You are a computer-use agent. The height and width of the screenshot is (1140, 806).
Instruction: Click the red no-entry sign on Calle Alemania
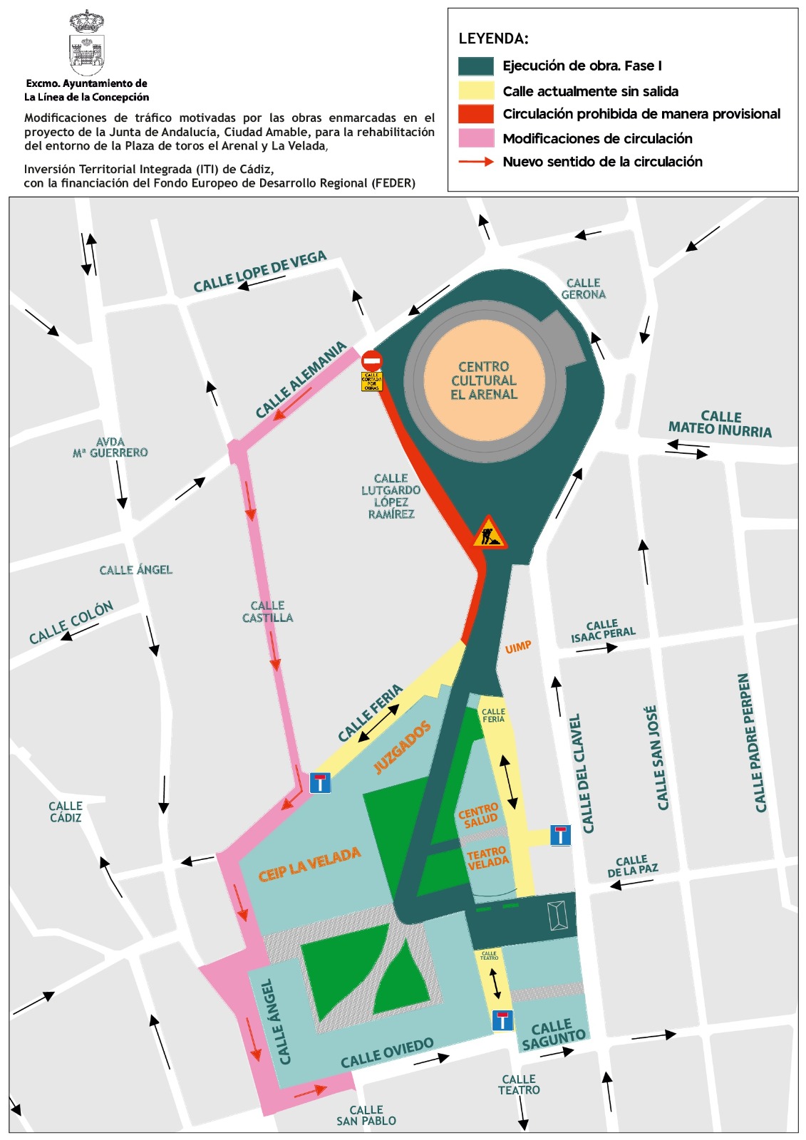pyautogui.click(x=371, y=361)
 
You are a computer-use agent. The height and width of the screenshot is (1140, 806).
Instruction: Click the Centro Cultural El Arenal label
pyautogui.click(x=484, y=380)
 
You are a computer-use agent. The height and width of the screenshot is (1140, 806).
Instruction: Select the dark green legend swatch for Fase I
pyautogui.click(x=476, y=66)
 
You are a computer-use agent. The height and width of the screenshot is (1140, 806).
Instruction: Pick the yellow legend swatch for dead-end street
pyautogui.click(x=476, y=90)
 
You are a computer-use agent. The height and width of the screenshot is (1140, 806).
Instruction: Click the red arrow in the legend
pyautogui.click(x=476, y=162)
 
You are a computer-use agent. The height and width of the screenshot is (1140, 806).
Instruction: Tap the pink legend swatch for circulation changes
pyautogui.click(x=476, y=138)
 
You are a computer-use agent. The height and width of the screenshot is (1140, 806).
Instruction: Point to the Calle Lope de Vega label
pyautogui.click(x=260, y=271)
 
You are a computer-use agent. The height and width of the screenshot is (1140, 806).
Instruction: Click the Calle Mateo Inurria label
pyautogui.click(x=720, y=424)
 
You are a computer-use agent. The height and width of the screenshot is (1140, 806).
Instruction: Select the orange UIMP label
pyautogui.click(x=518, y=647)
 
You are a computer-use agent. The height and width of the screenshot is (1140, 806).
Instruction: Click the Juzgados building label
pyautogui.click(x=403, y=747)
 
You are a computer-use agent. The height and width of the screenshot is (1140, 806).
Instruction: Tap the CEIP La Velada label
pyautogui.click(x=309, y=864)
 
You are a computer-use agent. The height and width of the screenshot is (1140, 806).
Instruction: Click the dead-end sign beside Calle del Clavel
pyautogui.click(x=561, y=835)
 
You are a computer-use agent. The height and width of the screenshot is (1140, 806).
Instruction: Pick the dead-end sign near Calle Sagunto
pyautogui.click(x=502, y=1020)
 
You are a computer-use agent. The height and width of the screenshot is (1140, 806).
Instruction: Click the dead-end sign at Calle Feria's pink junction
pyautogui.click(x=320, y=783)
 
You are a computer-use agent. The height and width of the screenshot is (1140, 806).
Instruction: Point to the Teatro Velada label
pyautogui.click(x=488, y=857)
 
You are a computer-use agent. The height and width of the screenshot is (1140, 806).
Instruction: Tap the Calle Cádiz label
pyautogui.click(x=66, y=812)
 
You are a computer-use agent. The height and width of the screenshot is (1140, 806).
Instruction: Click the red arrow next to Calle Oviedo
pyautogui.click(x=311, y=1091)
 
